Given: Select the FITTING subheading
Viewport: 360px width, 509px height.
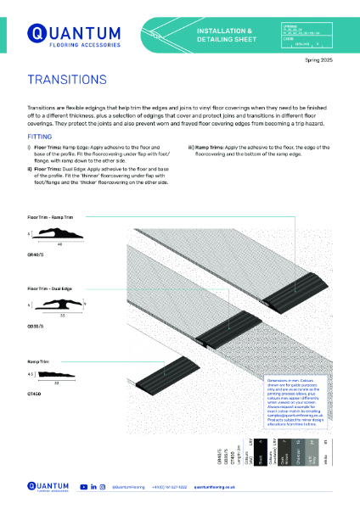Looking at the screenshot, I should pyautogui.click(x=40, y=135).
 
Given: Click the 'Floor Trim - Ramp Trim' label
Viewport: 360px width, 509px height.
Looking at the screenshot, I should pyautogui.click(x=52, y=218).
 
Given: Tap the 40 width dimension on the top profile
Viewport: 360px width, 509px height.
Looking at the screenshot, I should pyautogui.click(x=59, y=243).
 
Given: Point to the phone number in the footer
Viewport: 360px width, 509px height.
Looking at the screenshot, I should pyautogui.click(x=170, y=487).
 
